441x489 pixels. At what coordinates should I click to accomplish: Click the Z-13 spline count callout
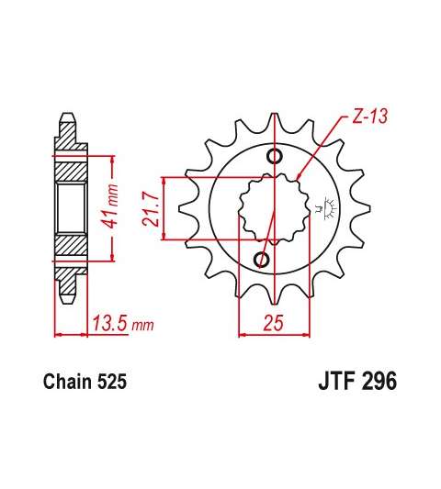click(369, 117)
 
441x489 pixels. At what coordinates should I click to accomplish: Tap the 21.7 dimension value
click(152, 208)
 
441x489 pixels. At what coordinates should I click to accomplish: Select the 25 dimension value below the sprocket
click(273, 322)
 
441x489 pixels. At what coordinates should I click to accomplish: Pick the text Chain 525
click(85, 381)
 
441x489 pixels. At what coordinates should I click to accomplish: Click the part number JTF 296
click(357, 381)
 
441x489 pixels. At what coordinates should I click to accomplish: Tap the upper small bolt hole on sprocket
click(274, 156)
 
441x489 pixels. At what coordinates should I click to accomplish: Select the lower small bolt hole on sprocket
click(262, 259)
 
